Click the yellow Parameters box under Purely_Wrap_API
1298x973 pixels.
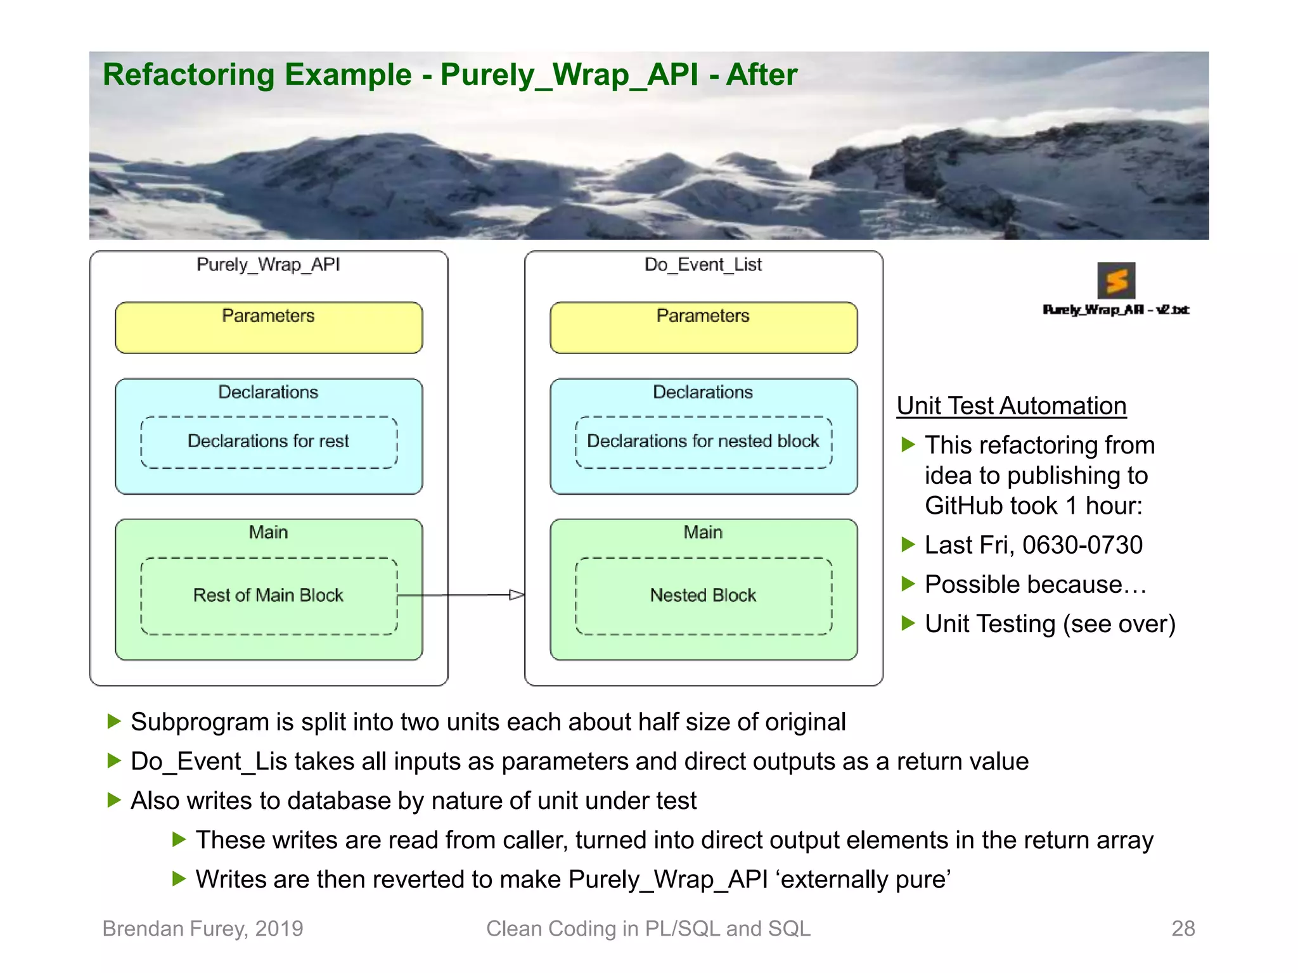pos(269,328)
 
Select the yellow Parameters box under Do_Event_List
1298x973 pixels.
pos(704,328)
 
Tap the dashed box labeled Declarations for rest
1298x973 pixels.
pos(269,442)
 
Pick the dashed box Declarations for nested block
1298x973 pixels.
pos(704,442)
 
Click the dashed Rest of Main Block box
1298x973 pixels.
pos(269,596)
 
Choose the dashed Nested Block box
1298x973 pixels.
pos(704,596)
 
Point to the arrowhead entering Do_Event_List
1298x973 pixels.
pos(517,595)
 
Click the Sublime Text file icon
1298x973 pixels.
pos(1116,281)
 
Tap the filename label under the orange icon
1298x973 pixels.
pos(1116,310)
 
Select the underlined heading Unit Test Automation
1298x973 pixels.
pos(1012,406)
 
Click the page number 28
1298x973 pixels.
pos(1183,929)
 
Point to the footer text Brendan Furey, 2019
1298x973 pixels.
pos(203,929)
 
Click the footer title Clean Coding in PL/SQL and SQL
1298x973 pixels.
pos(648,929)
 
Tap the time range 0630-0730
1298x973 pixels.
pos(1083,545)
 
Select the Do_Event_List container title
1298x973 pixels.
pos(704,265)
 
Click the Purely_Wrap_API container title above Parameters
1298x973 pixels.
pos(269,265)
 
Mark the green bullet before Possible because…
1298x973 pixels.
pos(908,584)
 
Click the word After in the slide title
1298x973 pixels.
pos(761,75)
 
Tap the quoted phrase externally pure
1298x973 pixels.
pos(866,880)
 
